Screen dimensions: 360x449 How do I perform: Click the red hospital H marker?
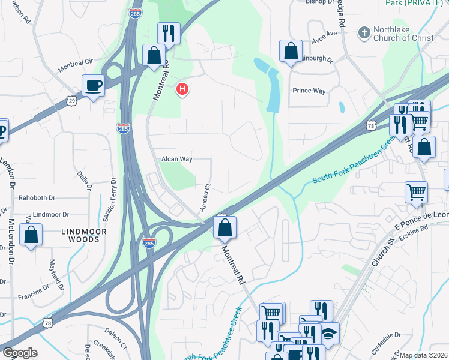pos(182,90)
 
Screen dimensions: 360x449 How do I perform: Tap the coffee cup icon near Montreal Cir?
pos(93,86)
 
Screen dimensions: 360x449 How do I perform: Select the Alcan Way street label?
pos(176,159)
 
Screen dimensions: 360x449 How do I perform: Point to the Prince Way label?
pos(309,91)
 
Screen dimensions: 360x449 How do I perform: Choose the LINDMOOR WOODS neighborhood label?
pos(84,235)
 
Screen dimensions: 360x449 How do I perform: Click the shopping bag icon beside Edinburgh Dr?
pos(291,52)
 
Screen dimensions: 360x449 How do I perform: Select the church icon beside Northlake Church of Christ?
pos(363,32)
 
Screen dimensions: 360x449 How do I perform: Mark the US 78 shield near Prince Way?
pos(370,125)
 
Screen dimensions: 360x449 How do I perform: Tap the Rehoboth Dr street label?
pos(36,197)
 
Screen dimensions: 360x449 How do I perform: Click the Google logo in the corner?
pos(20,353)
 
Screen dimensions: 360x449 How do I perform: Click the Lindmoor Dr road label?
pos(51,214)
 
